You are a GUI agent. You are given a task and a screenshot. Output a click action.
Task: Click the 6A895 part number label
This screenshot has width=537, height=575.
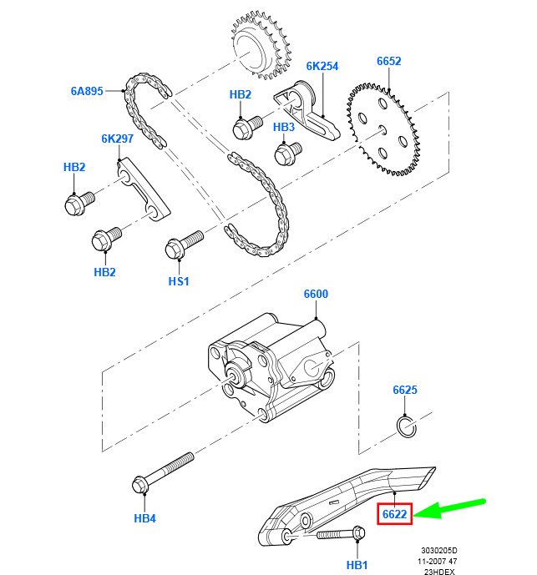(87, 91)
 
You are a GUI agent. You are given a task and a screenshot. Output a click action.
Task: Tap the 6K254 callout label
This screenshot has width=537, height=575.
(322, 66)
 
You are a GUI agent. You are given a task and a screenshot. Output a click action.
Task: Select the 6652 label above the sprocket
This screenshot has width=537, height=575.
(388, 61)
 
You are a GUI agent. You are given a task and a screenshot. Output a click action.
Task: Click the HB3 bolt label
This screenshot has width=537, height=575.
(284, 127)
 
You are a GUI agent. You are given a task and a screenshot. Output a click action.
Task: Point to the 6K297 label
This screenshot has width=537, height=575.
(119, 139)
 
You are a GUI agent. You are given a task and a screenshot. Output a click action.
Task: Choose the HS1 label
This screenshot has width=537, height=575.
(179, 281)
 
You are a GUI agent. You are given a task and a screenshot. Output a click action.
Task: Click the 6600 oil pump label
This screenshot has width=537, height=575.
(316, 295)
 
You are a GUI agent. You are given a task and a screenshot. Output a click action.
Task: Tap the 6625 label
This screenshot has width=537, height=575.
(405, 390)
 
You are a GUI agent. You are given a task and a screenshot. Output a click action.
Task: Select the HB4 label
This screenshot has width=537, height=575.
(145, 518)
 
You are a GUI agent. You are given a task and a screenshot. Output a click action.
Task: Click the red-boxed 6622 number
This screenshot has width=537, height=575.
(394, 514)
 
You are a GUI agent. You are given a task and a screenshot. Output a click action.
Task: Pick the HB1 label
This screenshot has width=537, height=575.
(357, 565)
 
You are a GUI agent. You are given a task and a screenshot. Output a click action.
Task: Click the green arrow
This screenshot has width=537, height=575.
(451, 507)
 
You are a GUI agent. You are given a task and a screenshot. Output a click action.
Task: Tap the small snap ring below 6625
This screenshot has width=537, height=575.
(406, 427)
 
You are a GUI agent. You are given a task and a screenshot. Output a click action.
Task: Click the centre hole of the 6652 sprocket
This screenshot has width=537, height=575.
(382, 128)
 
